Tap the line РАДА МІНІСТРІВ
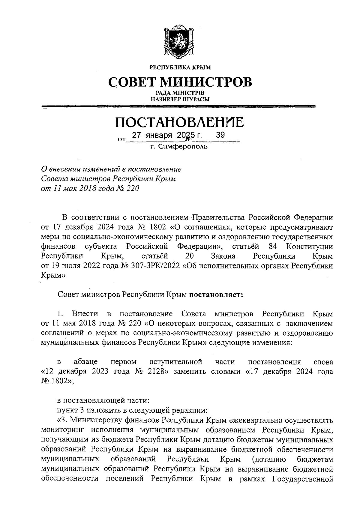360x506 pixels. click(180, 94)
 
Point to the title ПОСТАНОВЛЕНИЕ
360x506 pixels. click(180, 122)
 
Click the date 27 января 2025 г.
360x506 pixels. click(167, 136)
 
